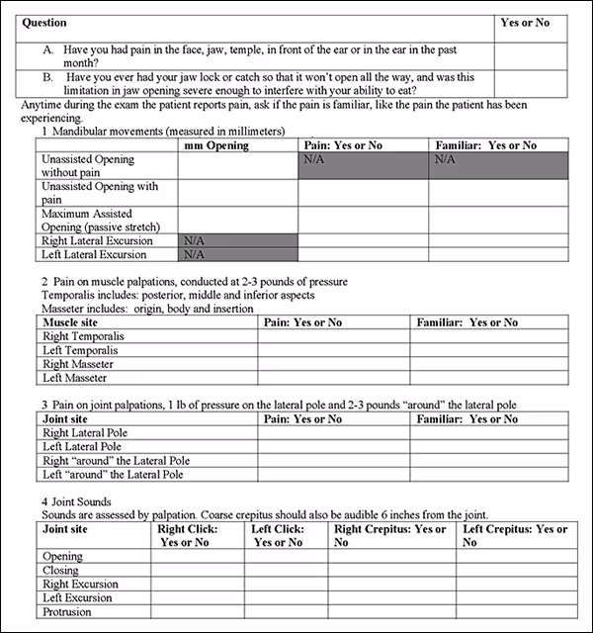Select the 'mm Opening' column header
point(216,145)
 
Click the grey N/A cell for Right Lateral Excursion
point(236,240)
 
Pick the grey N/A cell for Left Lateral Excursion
point(236,254)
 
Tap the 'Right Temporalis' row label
point(84,336)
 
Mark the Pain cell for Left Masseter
point(331,378)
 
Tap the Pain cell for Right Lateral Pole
point(331,433)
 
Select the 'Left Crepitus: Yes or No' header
point(518,535)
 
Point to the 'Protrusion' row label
point(67,612)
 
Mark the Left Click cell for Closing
point(287,571)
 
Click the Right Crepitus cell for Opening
point(392,557)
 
